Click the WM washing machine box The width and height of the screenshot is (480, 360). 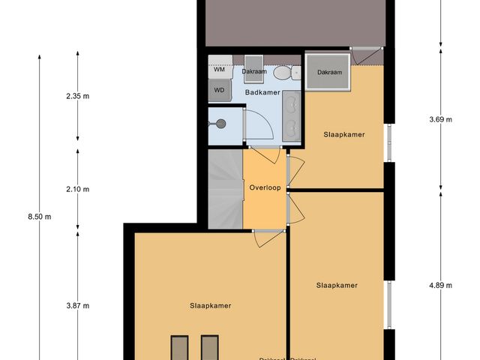tap(220, 69)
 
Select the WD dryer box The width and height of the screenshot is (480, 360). tap(220, 90)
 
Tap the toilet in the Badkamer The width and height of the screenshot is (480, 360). tap(282, 73)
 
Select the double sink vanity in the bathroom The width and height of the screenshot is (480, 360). tap(292, 115)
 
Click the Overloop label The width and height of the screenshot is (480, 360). tap(265, 187)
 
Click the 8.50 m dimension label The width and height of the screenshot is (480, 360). tap(39, 217)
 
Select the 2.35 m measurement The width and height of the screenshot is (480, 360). tap(77, 95)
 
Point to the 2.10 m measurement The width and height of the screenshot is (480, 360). tap(77, 189)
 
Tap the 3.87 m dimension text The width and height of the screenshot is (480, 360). tap(77, 305)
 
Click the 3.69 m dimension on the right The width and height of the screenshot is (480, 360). tap(440, 119)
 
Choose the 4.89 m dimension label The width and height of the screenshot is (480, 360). tap(440, 285)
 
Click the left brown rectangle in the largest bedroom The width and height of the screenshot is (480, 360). tap(179, 348)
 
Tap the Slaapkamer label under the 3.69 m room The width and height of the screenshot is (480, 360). tap(344, 135)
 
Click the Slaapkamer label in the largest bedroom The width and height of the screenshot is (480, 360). tap(210, 305)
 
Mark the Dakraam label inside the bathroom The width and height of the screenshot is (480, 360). tap(253, 71)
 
